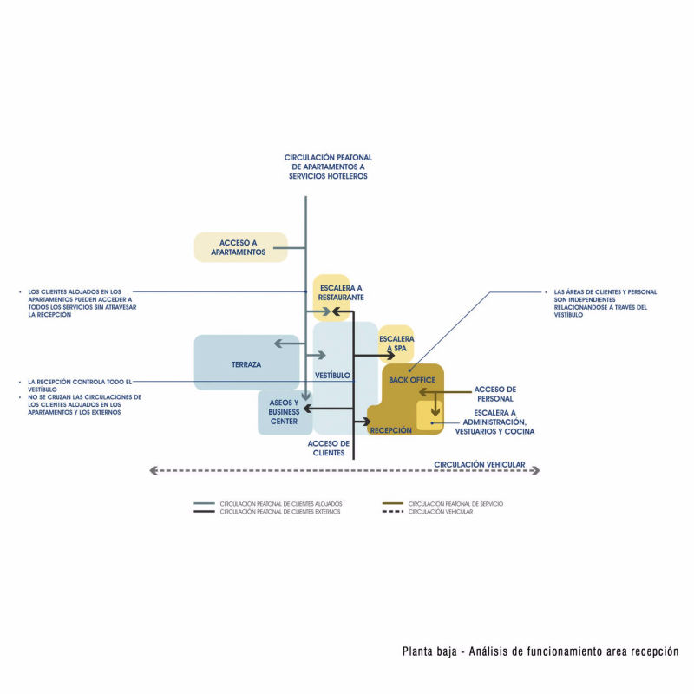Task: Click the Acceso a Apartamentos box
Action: [239, 247]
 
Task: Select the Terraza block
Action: [246, 363]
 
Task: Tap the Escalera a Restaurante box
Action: [332, 292]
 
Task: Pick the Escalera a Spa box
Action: [396, 344]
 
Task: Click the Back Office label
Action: [412, 380]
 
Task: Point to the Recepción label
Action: [391, 429]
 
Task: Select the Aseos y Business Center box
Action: [285, 412]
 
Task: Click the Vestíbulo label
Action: [332, 375]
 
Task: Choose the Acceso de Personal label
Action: [495, 394]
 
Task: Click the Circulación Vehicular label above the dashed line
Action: [480, 464]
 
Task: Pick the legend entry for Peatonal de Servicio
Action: [455, 503]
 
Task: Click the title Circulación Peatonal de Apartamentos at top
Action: [328, 167]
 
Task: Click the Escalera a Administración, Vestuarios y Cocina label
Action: [494, 422]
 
